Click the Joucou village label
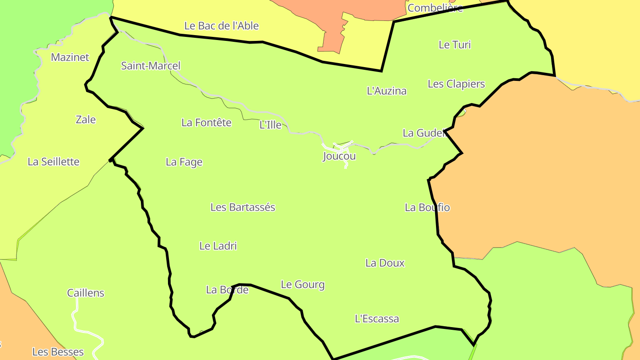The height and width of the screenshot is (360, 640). (339, 156)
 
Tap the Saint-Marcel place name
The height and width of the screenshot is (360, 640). (151, 66)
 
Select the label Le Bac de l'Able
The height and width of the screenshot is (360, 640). (221, 26)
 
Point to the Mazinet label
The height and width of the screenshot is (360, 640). (70, 57)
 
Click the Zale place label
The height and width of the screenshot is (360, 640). (86, 120)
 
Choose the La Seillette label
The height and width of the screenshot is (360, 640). (53, 162)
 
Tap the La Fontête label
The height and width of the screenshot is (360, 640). (206, 123)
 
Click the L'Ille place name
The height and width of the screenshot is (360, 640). (270, 125)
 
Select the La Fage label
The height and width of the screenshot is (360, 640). (184, 162)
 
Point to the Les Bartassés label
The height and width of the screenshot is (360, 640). (243, 207)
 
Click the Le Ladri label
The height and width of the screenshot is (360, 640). (218, 246)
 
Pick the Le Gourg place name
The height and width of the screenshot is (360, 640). (303, 284)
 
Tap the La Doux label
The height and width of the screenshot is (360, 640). (385, 263)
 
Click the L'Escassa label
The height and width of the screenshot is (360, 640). (377, 319)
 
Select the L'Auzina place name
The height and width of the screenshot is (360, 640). (386, 91)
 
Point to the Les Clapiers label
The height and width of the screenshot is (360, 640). (456, 84)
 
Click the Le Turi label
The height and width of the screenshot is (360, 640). (455, 45)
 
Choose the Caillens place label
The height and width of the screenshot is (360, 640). (86, 293)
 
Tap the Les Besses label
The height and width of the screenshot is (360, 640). (58, 352)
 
